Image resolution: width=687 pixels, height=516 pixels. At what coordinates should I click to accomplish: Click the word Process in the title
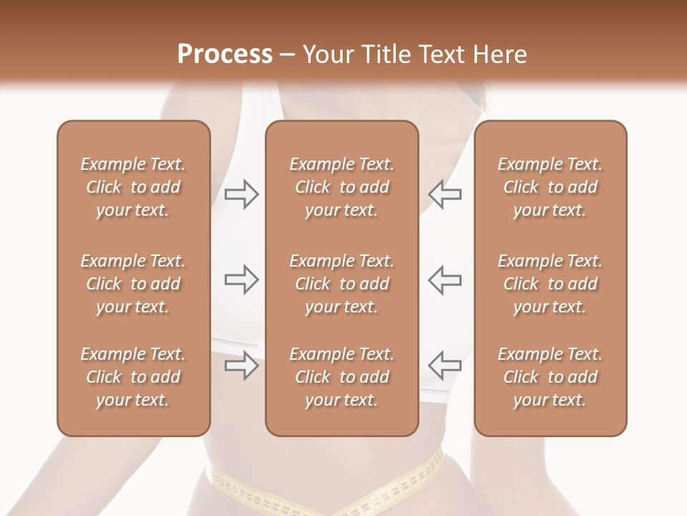tap(225, 54)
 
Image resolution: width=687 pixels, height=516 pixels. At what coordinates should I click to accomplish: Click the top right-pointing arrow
tap(241, 194)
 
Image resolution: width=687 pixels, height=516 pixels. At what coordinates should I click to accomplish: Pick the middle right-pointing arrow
tap(241, 279)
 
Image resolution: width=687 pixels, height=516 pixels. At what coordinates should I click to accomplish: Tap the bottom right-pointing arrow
tap(241, 365)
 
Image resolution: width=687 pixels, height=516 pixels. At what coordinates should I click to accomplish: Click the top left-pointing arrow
tap(444, 194)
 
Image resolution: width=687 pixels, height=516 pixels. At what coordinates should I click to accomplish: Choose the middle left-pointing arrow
tap(444, 279)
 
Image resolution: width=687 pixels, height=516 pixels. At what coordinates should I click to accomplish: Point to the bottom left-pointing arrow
tap(444, 365)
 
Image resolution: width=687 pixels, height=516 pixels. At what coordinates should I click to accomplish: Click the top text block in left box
tap(133, 187)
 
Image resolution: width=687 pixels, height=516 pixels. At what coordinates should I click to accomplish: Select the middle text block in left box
tap(133, 284)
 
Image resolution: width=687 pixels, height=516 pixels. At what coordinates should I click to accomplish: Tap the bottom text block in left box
tap(133, 377)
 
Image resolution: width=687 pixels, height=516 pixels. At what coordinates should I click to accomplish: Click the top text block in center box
tap(341, 187)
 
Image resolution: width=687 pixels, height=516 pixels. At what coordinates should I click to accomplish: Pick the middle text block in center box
tap(341, 284)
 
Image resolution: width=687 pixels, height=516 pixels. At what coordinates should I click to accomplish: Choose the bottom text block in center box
tap(341, 377)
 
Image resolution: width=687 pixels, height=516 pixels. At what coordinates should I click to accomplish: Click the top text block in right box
tap(550, 187)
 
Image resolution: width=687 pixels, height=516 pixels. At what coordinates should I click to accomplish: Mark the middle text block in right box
tap(550, 284)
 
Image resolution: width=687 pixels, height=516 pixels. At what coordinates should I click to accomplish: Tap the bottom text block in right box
tap(550, 377)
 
